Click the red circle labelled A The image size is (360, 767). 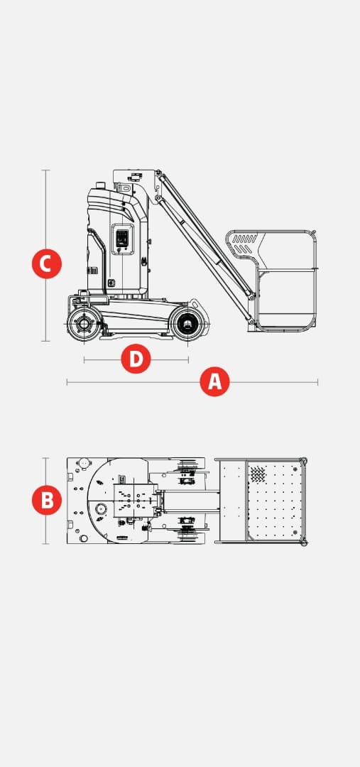214,381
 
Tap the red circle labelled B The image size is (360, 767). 47,500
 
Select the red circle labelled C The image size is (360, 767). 47,263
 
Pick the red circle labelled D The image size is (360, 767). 136,359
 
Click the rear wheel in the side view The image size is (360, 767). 84,324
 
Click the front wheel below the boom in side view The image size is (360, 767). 187,324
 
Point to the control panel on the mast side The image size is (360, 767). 122,239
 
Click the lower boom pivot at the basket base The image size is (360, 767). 251,322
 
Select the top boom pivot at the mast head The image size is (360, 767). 158,173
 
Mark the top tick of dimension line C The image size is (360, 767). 45,170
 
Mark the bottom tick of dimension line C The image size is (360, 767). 45,340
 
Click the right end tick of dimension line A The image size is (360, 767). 317,382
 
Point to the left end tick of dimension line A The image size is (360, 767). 67,382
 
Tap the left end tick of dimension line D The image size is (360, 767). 84,360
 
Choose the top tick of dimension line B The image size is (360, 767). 45,458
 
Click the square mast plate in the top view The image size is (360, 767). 136,501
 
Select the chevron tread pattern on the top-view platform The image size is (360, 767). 258,473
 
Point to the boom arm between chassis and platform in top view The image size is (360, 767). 191,501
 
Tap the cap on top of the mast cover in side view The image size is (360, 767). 100,185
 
